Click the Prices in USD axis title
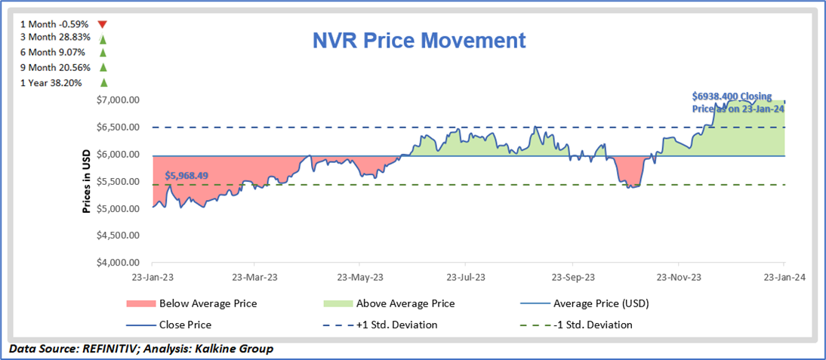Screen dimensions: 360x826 coord(87,182)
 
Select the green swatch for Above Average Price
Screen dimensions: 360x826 coord(337,304)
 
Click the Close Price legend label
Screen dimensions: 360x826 coord(185,325)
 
